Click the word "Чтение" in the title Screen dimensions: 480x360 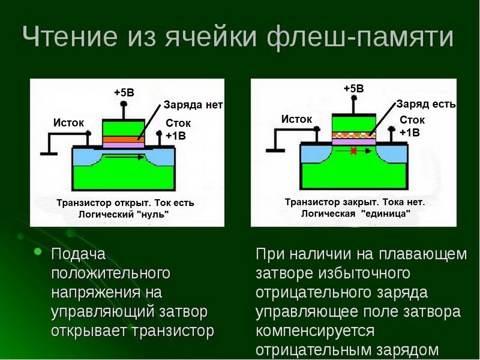[70, 36]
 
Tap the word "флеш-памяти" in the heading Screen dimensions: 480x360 [360, 38]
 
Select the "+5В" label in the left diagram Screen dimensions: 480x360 [124, 93]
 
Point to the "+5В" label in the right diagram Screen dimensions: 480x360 [354, 88]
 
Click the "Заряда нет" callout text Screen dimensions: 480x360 [193, 105]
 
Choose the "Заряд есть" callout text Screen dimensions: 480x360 [426, 104]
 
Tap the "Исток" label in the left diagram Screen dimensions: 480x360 [68, 123]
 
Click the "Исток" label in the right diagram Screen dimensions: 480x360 [296, 119]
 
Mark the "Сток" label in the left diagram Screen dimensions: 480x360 [178, 123]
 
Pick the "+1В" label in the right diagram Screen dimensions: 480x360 [410, 132]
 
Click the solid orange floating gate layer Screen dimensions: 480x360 [124, 140]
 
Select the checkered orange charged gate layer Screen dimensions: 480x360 [354, 135]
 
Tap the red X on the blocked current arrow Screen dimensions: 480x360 [353, 151]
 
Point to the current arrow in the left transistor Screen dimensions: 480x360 [125, 157]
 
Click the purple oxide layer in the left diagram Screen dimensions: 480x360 [124, 145]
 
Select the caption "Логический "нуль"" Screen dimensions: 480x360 [124, 214]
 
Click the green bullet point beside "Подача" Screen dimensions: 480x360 [38, 252]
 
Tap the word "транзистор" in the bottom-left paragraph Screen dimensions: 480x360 [173, 331]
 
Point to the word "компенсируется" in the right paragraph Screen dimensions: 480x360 [315, 332]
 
